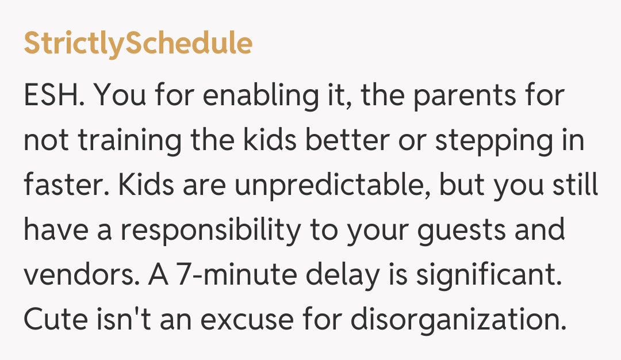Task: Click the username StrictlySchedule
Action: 138,44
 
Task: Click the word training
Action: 119,141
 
